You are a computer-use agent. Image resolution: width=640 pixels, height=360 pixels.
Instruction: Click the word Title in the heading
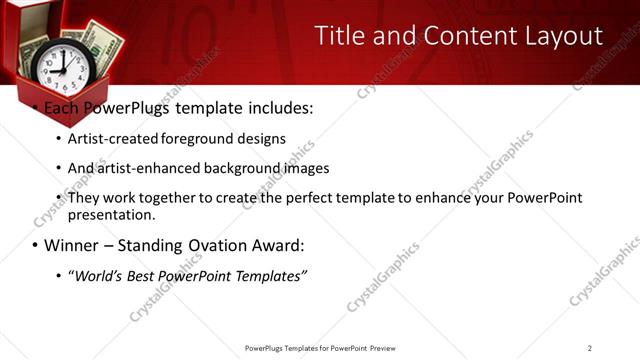tap(339, 36)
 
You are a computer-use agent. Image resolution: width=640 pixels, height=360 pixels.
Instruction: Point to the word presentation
tap(110, 214)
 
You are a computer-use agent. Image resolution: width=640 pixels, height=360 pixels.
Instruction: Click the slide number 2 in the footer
tap(590, 348)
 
